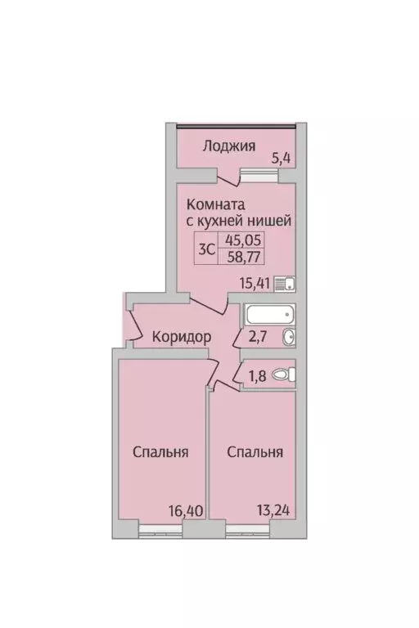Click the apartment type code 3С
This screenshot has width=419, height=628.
click(207, 250)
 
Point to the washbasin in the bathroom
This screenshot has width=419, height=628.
click(289, 338)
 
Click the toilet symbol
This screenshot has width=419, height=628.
click(284, 375)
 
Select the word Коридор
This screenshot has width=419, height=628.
click(182, 336)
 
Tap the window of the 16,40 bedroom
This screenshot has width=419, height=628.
click(160, 532)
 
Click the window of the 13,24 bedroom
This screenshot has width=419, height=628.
click(248, 532)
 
